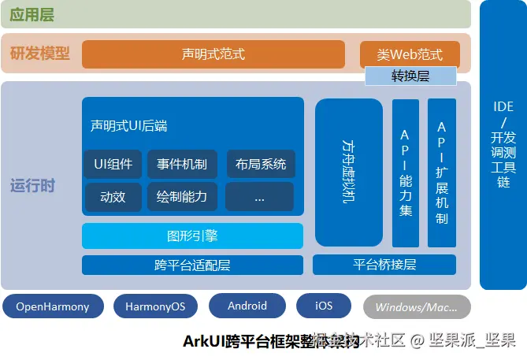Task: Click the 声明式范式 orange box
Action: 213,54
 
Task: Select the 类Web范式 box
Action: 409,54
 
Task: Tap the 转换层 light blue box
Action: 410,76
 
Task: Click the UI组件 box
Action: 113,164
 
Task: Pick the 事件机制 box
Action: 181,164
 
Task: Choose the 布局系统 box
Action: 260,164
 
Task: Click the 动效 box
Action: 113,196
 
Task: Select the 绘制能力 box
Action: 181,196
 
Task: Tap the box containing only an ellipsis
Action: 259,197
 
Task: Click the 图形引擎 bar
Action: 192,236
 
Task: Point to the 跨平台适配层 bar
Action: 192,265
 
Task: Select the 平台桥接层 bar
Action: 385,265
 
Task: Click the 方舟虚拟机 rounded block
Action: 349,172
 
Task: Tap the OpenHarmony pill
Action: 53,306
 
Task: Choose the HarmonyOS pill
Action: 155,306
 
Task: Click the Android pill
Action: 247,306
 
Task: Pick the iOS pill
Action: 324,306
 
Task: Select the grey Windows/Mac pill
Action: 417,306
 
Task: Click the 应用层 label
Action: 33,14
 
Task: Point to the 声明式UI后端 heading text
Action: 128,125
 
